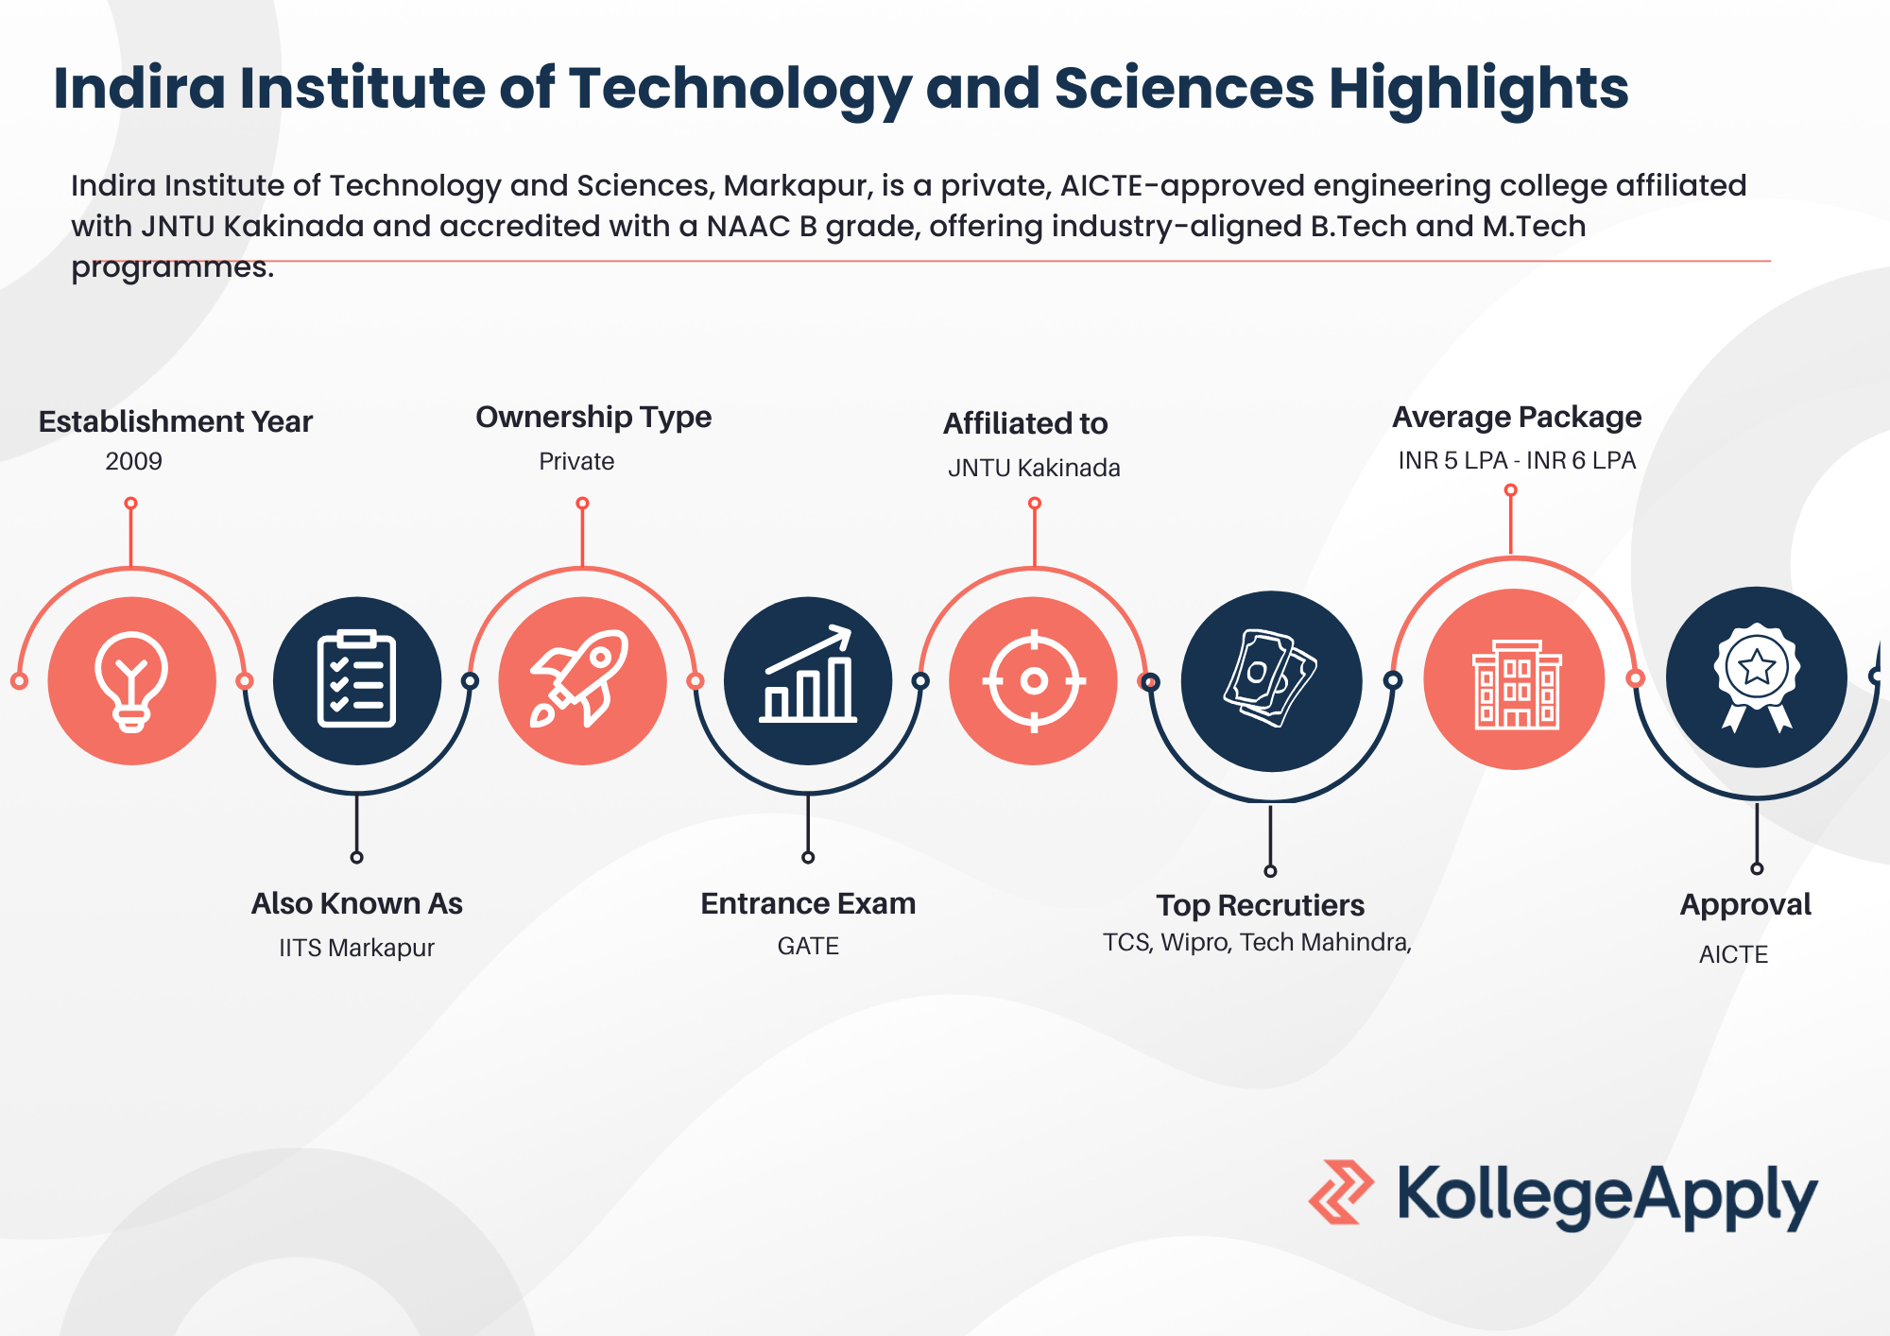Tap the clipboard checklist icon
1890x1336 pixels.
pyautogui.click(x=356, y=679)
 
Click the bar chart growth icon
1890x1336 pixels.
pyautogui.click(x=808, y=675)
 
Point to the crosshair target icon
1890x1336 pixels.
pyautogui.click(x=1034, y=680)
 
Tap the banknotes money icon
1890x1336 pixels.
pyautogui.click(x=1270, y=678)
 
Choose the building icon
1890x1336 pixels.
pyautogui.click(x=1517, y=684)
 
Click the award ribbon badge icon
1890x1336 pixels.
pyautogui.click(x=1757, y=677)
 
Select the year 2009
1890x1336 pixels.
pyautogui.click(x=133, y=461)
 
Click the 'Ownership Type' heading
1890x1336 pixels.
pyautogui.click(x=593, y=418)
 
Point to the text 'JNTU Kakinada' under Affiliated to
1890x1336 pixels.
pyautogui.click(x=1034, y=468)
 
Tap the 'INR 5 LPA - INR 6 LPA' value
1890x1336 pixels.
pyautogui.click(x=1517, y=460)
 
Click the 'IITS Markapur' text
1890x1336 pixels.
pyautogui.click(x=356, y=948)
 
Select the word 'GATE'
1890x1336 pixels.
pyautogui.click(x=808, y=946)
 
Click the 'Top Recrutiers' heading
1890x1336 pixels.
pyautogui.click(x=1261, y=905)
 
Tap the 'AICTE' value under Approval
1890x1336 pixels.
pyautogui.click(x=1733, y=954)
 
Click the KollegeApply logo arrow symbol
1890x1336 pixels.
pyautogui.click(x=1341, y=1192)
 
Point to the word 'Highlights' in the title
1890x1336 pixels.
pyautogui.click(x=1479, y=89)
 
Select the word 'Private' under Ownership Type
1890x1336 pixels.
pyautogui.click(x=576, y=461)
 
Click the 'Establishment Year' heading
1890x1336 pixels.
pyautogui.click(x=175, y=421)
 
